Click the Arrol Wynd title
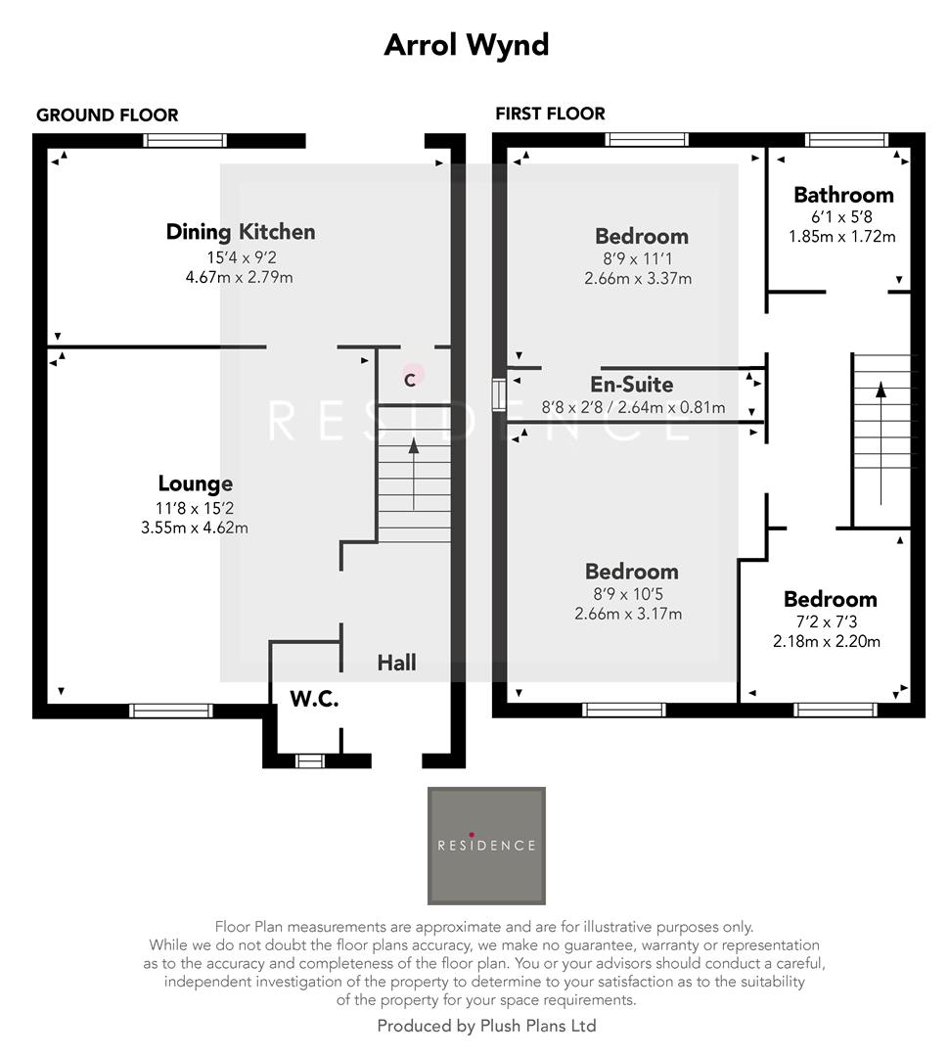click(467, 45)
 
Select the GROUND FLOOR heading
click(108, 115)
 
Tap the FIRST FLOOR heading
click(550, 114)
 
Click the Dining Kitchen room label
click(241, 232)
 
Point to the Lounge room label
click(196, 483)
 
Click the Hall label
click(397, 663)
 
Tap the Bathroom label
click(843, 194)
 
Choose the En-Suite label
click(632, 385)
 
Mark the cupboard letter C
click(411, 379)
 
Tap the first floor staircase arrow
click(881, 440)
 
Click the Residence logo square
click(486, 845)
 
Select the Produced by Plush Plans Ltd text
click(486, 1026)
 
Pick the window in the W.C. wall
click(309, 760)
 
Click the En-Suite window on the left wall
click(499, 393)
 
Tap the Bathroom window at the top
click(847, 140)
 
